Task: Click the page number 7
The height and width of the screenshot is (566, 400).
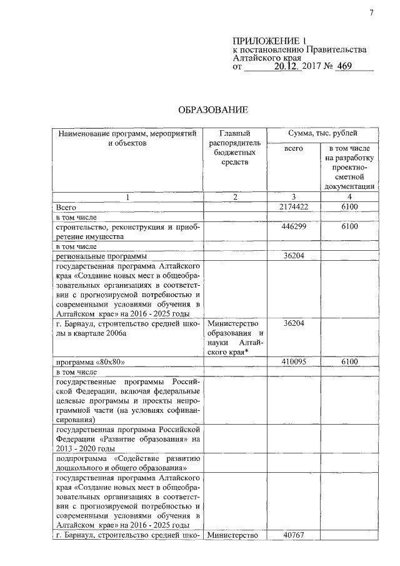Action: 371,13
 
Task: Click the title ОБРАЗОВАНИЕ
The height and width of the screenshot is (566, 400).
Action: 214,111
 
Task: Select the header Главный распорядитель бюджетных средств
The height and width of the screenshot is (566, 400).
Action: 234,148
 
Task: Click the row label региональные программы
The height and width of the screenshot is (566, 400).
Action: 101,256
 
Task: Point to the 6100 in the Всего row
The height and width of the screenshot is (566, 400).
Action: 349,206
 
